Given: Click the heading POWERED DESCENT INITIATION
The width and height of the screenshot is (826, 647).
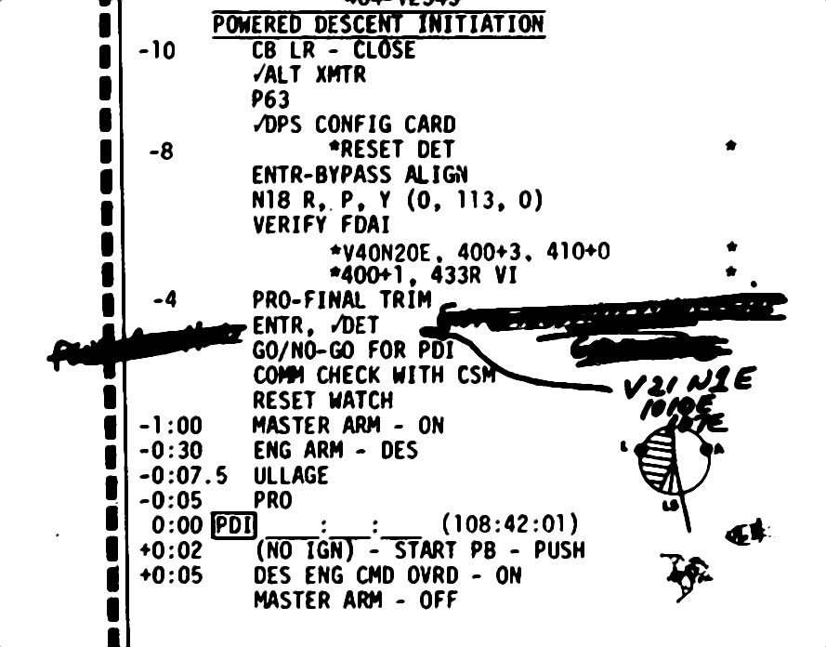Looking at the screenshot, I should pyautogui.click(x=378, y=24).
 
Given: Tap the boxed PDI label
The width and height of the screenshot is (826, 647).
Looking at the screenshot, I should pyautogui.click(x=228, y=526).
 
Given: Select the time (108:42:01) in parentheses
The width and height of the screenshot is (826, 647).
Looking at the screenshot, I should pyautogui.click(x=509, y=525).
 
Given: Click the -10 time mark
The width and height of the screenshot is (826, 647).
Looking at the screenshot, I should pyautogui.click(x=156, y=50).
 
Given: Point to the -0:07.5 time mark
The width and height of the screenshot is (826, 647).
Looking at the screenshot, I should pyautogui.click(x=183, y=476).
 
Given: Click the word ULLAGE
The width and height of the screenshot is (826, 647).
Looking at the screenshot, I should pyautogui.click(x=291, y=476).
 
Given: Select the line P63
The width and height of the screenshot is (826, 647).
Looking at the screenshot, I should pyautogui.click(x=270, y=99).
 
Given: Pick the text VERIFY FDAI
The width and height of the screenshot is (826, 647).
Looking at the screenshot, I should pyautogui.click(x=321, y=225).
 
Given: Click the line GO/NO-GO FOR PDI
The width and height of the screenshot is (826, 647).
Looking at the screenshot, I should pyautogui.click(x=353, y=351).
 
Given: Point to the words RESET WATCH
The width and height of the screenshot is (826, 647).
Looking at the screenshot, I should pyautogui.click(x=322, y=401).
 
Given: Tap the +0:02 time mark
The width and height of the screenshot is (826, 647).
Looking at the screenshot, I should pyautogui.click(x=171, y=550).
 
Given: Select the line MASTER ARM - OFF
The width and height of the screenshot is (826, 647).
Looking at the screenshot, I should pyautogui.click(x=355, y=601).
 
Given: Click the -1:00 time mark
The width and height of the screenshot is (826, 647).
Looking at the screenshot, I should pyautogui.click(x=171, y=426).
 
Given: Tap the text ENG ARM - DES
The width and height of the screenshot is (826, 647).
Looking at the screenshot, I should pyautogui.click(x=334, y=451).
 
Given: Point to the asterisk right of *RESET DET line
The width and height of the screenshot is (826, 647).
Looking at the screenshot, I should pyautogui.click(x=731, y=146).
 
